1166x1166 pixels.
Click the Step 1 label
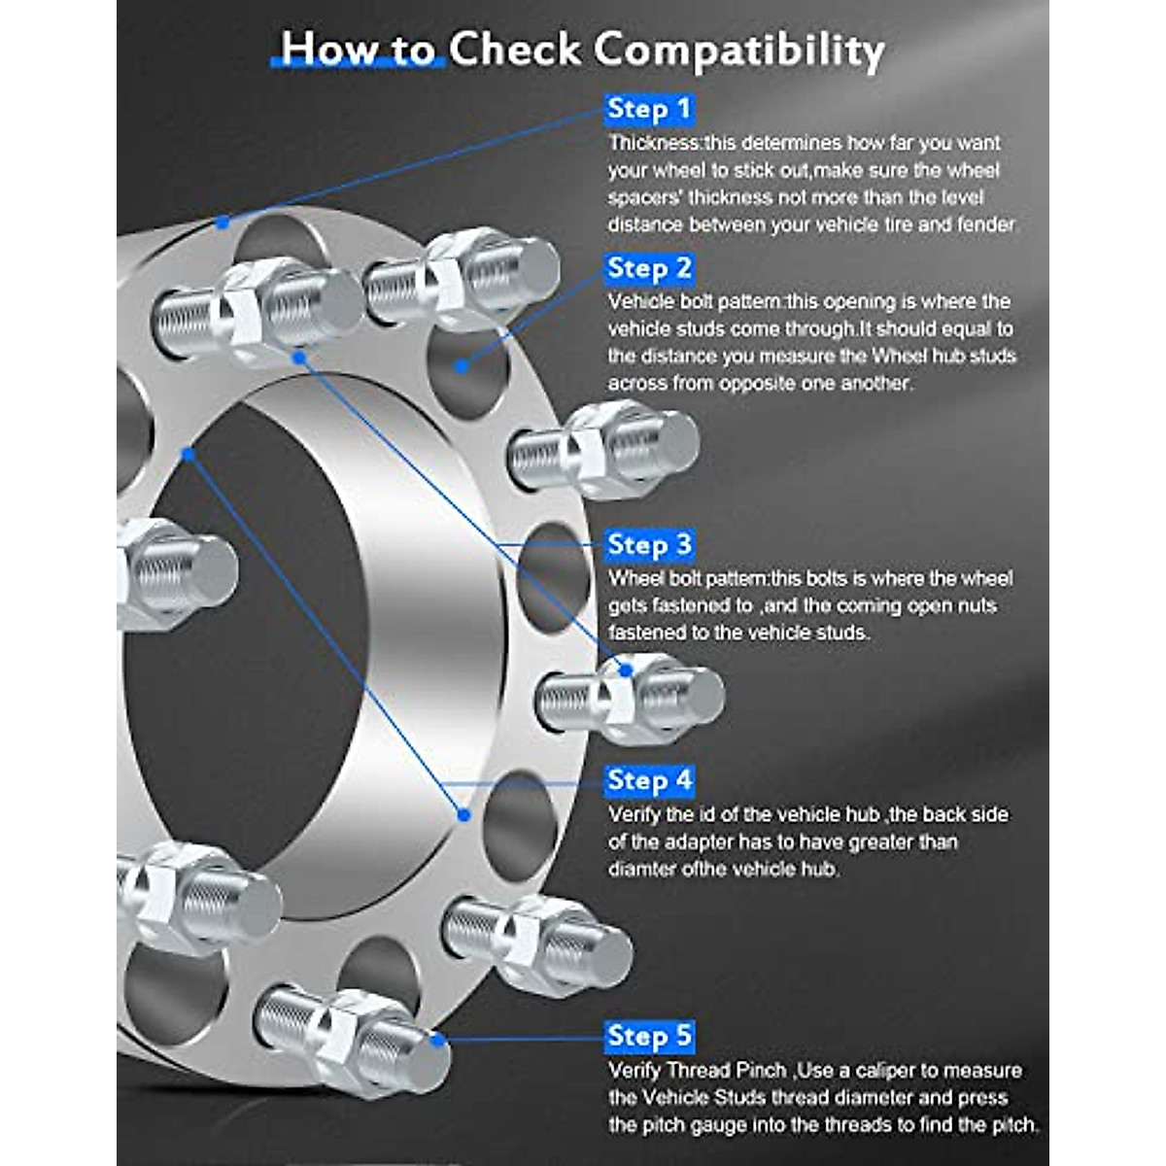tap(649, 109)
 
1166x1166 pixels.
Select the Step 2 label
tap(649, 268)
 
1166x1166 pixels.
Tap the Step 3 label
tap(649, 545)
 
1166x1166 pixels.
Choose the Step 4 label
tap(649, 780)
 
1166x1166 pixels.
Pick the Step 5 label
tap(649, 1036)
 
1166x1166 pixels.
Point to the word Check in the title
tap(514, 49)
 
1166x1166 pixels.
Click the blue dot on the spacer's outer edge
tap(223, 223)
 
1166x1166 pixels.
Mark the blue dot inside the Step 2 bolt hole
tap(463, 366)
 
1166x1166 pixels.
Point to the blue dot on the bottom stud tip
tap(438, 1040)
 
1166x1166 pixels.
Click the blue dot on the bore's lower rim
tap(463, 814)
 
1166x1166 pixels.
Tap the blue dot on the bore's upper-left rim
tap(189, 454)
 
